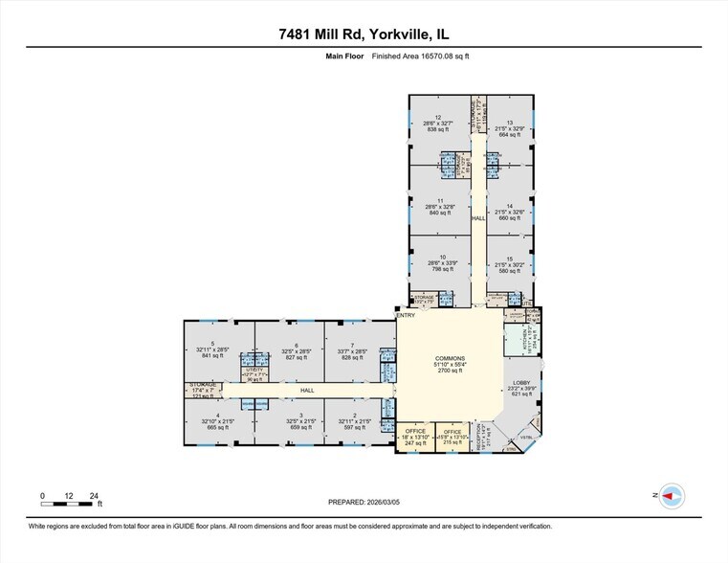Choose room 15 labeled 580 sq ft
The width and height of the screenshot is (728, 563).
tap(510, 263)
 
